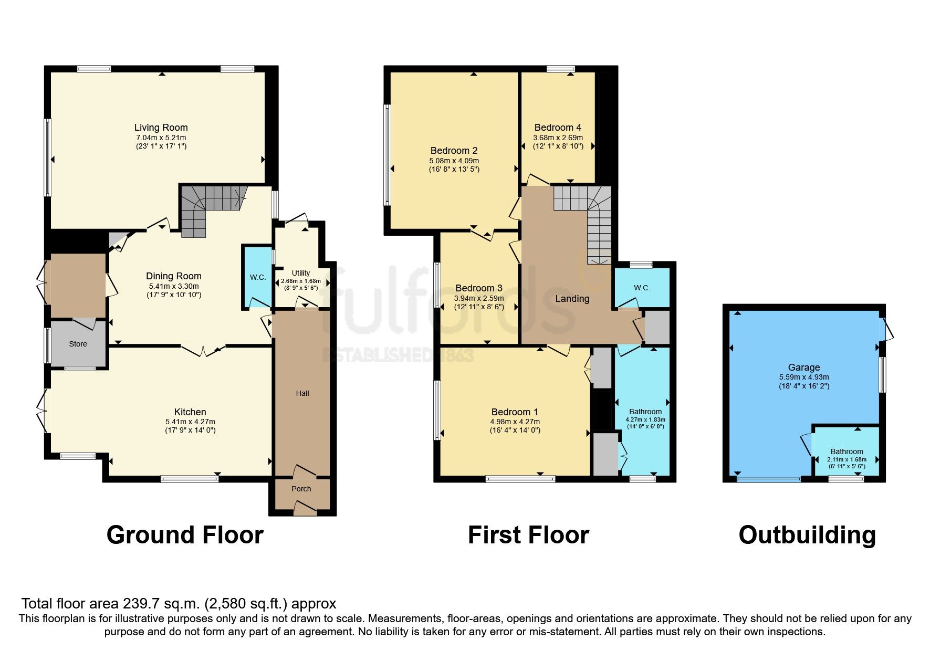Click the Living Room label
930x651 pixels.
[161, 128]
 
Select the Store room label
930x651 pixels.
[78, 344]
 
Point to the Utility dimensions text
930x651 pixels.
[300, 284]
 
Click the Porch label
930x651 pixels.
[301, 489]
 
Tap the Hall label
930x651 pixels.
[302, 393]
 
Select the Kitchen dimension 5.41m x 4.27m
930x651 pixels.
[190, 422]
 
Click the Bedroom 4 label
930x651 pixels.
[558, 128]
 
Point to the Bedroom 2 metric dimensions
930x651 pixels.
[454, 161]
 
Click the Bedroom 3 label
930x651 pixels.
[478, 288]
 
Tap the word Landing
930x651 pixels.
[572, 299]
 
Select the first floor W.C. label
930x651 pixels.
[642, 288]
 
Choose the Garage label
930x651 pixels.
[803, 367]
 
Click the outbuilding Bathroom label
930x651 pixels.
[847, 451]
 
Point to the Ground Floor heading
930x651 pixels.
[185, 535]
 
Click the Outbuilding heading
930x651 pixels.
[807, 535]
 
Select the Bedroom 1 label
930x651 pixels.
[514, 412]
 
